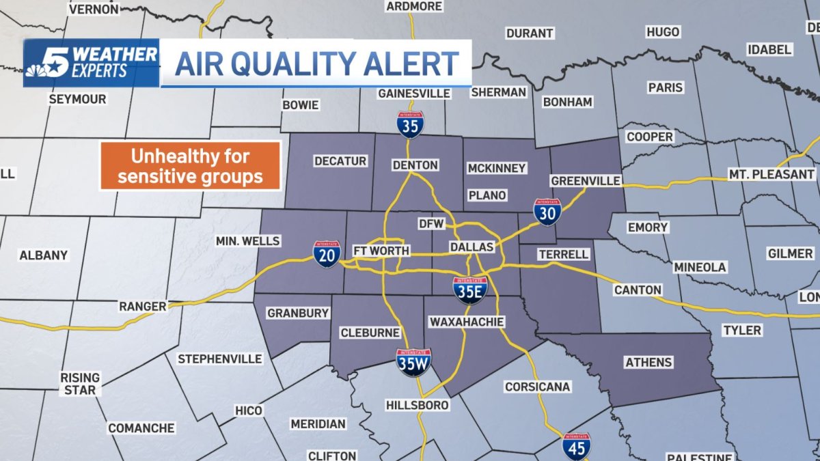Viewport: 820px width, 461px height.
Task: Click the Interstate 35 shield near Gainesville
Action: [x=411, y=125]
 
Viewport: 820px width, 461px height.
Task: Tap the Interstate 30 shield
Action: [x=547, y=212]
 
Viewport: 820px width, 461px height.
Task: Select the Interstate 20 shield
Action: [x=327, y=253]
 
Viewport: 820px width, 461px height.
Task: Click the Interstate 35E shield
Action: [x=470, y=290]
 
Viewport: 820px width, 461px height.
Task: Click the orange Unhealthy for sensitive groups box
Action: [x=191, y=166]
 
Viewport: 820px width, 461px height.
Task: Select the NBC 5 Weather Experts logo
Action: [x=90, y=63]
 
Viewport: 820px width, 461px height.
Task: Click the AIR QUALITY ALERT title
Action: [x=317, y=64]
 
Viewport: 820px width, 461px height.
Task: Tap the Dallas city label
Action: [x=471, y=247]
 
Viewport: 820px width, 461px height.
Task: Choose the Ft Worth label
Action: [x=381, y=251]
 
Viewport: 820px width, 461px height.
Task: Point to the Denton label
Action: [x=415, y=165]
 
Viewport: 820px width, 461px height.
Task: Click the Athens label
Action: [x=648, y=362]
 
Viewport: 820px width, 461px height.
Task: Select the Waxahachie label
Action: [x=467, y=321]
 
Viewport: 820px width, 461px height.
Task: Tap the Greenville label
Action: [x=586, y=181]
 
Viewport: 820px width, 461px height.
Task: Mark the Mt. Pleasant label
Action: [x=771, y=174]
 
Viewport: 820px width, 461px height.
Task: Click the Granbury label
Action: [x=298, y=313]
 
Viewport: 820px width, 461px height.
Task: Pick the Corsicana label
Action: [x=537, y=387]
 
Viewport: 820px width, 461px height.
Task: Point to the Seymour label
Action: [x=77, y=99]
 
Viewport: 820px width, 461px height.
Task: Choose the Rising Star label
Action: [x=80, y=383]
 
